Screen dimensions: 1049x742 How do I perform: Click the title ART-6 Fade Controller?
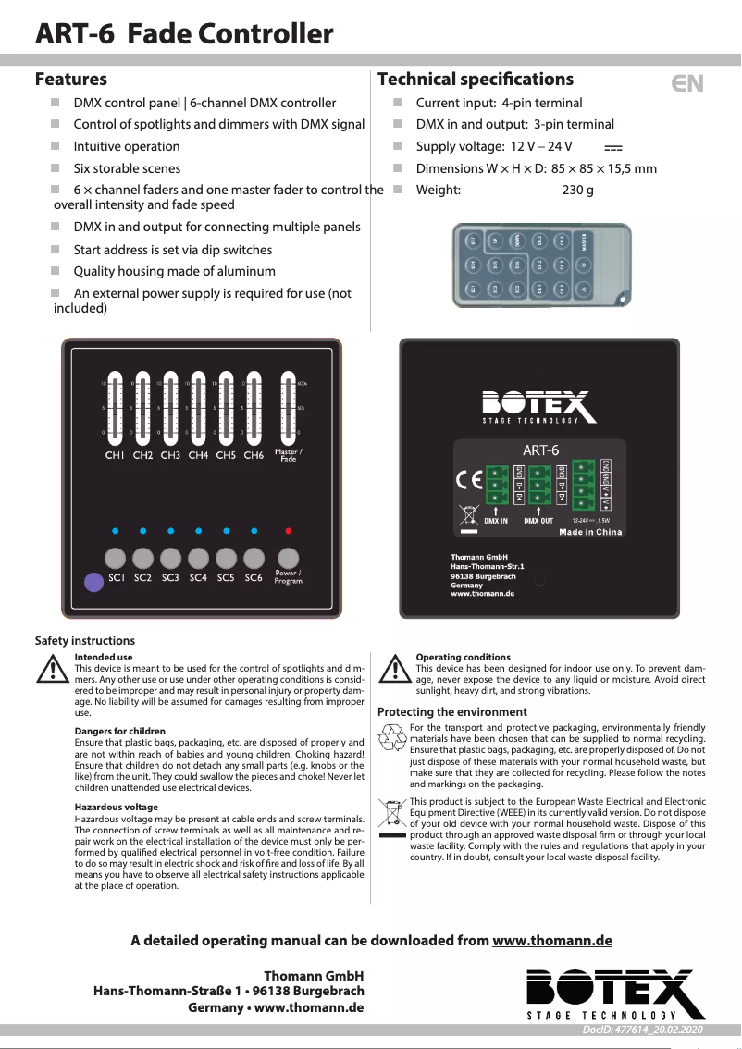pos(183,34)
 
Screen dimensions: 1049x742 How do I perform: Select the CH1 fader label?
pos(115,455)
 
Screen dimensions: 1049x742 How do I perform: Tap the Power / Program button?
pos(288,559)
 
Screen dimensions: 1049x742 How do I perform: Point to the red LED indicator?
pos(288,531)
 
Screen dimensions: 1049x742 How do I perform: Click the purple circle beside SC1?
pos(93,582)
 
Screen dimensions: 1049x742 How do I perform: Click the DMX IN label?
pos(496,521)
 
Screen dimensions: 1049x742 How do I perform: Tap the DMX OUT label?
pos(538,521)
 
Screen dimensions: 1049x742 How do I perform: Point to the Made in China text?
pos(590,532)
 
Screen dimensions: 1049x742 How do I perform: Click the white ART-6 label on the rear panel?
pos(540,450)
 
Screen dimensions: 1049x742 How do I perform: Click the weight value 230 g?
pos(577,190)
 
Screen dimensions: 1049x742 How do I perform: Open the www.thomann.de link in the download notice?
pos(552,941)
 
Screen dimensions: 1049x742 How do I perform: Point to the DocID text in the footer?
pos(643,1030)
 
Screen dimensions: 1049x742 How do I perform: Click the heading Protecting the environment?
pos(452,712)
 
